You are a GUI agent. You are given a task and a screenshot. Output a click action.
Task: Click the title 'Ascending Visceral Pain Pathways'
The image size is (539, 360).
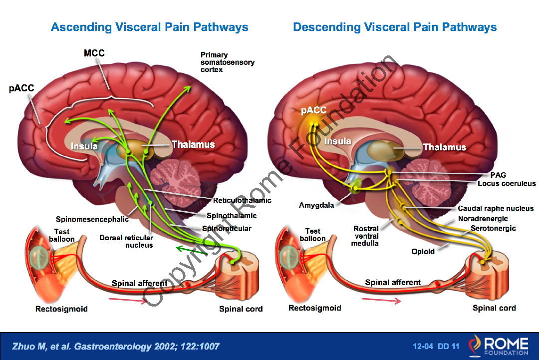pyautogui.click(x=149, y=26)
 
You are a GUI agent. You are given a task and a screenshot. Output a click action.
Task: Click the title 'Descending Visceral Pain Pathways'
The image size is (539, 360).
pyautogui.click(x=395, y=26)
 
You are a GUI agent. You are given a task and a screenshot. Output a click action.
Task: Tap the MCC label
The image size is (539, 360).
pyautogui.click(x=94, y=53)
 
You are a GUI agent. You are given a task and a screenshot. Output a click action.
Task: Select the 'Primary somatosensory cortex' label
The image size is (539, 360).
pyautogui.click(x=227, y=62)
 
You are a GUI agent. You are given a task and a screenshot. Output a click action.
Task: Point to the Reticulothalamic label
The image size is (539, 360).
pyautogui.click(x=242, y=200)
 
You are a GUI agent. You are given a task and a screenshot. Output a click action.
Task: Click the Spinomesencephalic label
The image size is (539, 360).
pyautogui.click(x=92, y=219)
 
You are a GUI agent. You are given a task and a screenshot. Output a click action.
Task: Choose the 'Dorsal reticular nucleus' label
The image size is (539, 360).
pyautogui.click(x=126, y=241)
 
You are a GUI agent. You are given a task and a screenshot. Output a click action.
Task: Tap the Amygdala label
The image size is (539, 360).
pyautogui.click(x=316, y=205)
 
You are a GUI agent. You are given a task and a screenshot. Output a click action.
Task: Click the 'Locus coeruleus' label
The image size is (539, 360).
pyautogui.click(x=506, y=183)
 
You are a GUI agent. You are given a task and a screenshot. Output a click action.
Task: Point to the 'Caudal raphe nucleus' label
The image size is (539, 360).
pyautogui.click(x=496, y=208)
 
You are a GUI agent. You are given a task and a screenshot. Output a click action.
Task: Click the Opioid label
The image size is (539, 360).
pyautogui.click(x=423, y=252)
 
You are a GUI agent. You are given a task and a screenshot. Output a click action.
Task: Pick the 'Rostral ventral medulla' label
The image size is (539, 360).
pyautogui.click(x=365, y=236)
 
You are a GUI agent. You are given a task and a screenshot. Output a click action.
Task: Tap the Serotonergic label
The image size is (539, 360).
pyautogui.click(x=493, y=228)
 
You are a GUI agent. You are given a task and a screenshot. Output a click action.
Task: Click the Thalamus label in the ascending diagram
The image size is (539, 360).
pyautogui.click(x=193, y=144)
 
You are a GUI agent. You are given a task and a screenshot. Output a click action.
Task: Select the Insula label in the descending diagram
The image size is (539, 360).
pyautogui.click(x=338, y=141)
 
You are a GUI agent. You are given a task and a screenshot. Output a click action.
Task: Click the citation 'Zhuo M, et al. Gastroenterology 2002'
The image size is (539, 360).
pyautogui.click(x=115, y=346)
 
